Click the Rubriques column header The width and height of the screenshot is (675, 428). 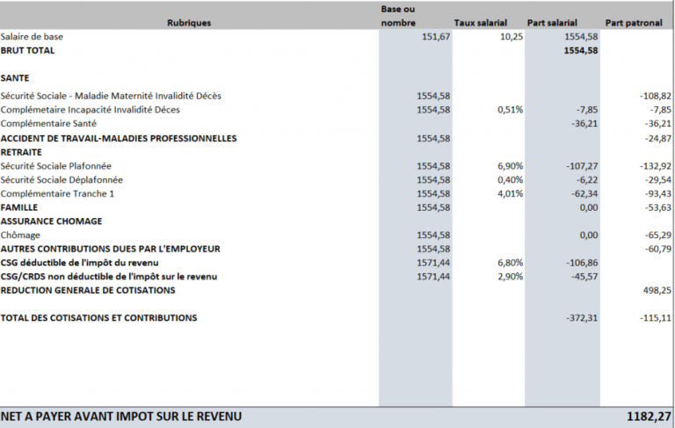[189, 23]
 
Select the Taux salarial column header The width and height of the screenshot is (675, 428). [481, 23]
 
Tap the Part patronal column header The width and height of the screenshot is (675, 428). [634, 23]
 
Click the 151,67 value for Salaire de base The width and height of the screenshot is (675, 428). [436, 37]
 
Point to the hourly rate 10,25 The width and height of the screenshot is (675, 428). [512, 37]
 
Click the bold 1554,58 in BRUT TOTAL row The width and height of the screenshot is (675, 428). [581, 50]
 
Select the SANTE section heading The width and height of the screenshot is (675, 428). [15, 78]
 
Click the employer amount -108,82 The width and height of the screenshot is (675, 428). [655, 96]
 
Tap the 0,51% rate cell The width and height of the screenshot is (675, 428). [510, 110]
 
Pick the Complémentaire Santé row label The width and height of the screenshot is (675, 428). [48, 124]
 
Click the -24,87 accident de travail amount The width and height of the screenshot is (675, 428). [657, 138]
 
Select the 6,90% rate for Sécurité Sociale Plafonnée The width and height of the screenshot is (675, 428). [510, 166]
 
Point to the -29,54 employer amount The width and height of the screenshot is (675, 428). [657, 179]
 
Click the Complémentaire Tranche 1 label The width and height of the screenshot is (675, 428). [57, 193]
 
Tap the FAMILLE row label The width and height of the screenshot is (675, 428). [19, 207]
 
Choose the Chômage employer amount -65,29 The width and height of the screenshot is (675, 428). [657, 236]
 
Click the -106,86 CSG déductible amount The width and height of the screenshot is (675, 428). [582, 263]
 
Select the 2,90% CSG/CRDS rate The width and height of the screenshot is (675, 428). [510, 277]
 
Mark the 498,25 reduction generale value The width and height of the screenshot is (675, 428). [657, 290]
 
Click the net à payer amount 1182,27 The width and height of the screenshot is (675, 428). [649, 417]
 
